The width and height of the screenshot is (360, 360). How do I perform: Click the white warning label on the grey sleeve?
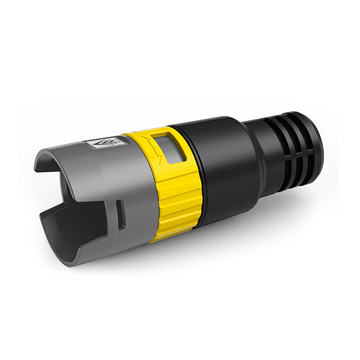click(x=105, y=143)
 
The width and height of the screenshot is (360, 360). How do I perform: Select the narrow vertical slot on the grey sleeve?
click(x=121, y=214)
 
